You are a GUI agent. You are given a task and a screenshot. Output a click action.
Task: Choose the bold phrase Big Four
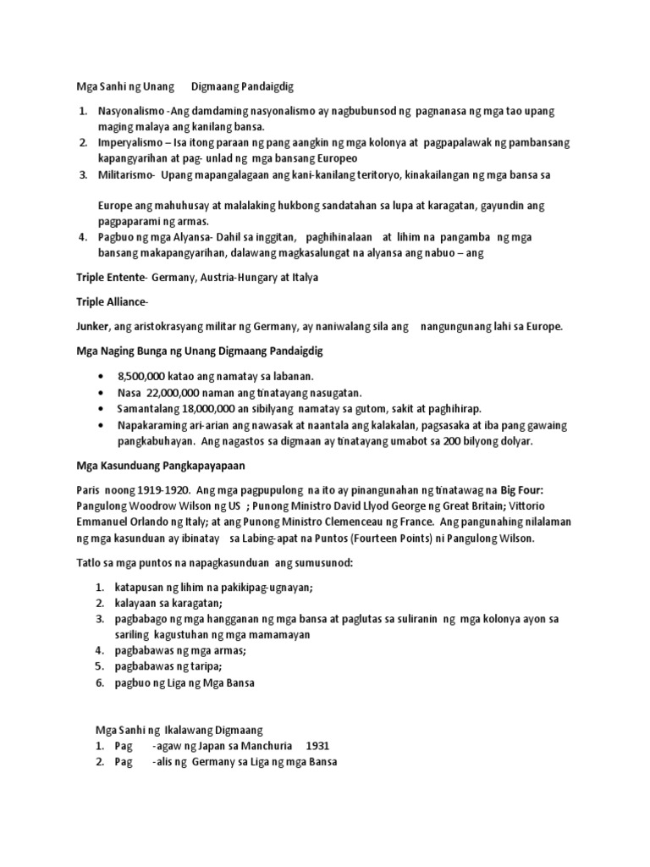547,490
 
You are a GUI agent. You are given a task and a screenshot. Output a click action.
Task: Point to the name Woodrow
155,506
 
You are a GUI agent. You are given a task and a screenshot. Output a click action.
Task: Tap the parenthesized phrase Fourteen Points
394,538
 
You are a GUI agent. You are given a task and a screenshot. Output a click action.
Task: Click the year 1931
317,745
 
